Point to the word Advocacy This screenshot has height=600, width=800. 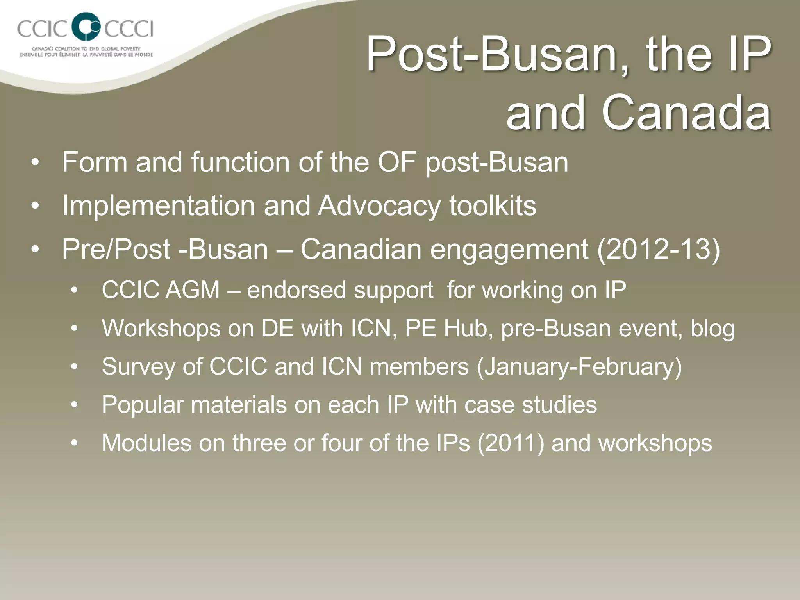coord(379,206)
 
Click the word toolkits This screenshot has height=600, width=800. coord(493,205)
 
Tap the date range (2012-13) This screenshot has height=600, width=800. coord(658,250)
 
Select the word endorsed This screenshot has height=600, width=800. coord(296,290)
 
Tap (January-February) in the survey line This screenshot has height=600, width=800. coord(579,366)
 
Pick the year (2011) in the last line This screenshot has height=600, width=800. coord(511,443)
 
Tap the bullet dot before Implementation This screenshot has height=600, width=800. coord(36,206)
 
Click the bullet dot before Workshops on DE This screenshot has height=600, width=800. coord(75,329)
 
